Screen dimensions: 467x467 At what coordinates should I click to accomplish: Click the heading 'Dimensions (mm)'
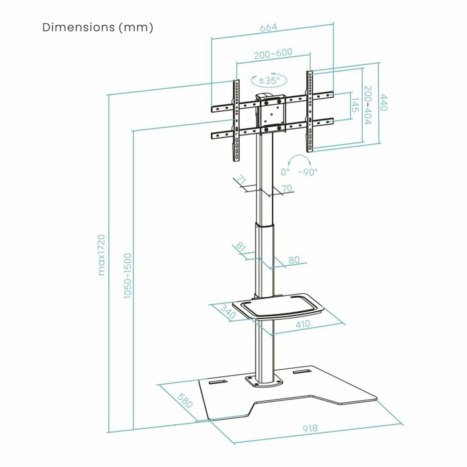point(98,28)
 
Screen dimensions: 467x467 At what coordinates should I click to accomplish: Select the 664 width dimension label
point(269,28)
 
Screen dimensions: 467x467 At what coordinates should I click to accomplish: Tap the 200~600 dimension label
point(273,54)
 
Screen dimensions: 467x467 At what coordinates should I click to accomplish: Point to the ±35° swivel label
point(269,81)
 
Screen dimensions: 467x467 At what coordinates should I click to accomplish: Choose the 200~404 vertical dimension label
point(367,105)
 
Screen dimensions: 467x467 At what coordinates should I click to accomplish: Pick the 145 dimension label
point(355,105)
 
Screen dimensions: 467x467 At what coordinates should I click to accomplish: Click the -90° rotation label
point(308,172)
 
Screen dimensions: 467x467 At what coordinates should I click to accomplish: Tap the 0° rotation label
point(285,172)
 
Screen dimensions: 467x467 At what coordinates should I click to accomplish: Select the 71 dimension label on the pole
point(242,181)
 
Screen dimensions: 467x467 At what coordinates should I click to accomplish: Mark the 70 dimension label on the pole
point(286,189)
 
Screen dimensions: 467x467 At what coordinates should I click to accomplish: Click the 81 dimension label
point(241,247)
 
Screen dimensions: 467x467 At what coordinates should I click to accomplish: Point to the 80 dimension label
point(295,260)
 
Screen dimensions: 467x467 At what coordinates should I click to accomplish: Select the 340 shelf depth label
point(228,312)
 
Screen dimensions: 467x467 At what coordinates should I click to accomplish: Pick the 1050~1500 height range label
point(128,276)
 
